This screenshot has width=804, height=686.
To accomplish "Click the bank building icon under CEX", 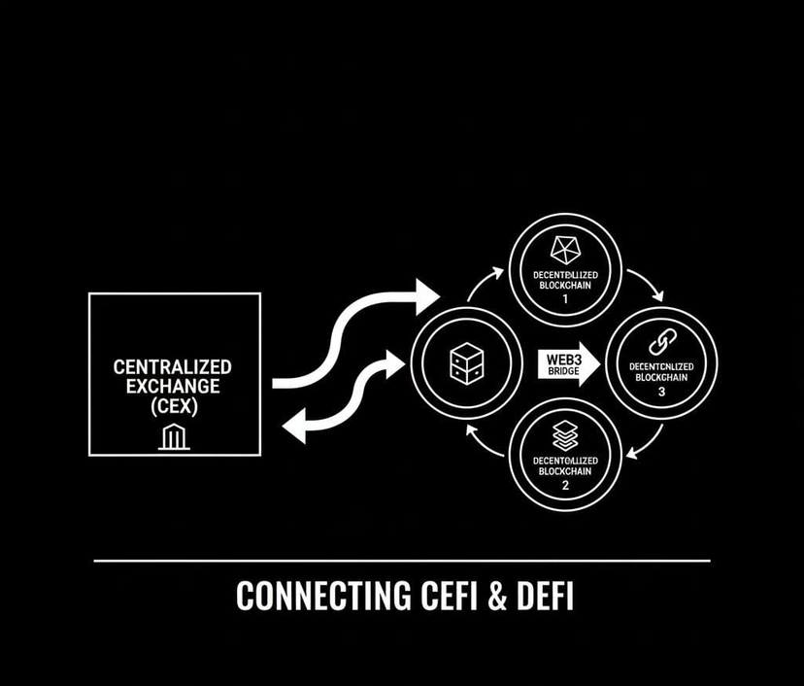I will click(174, 437).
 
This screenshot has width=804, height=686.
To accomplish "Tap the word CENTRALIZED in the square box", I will click(173, 367).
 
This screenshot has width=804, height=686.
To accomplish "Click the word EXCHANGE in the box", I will click(173, 388).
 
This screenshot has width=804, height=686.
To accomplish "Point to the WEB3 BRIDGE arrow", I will click(568, 363).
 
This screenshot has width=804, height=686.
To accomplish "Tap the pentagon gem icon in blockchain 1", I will click(565, 249).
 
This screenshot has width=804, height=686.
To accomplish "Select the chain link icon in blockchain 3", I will click(661, 342).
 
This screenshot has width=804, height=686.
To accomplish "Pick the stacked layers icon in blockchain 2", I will click(565, 434).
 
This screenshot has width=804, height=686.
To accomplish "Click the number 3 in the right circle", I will click(661, 391).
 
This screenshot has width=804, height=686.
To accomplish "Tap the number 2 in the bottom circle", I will click(565, 485).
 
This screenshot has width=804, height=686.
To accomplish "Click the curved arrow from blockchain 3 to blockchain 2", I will click(646, 443).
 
